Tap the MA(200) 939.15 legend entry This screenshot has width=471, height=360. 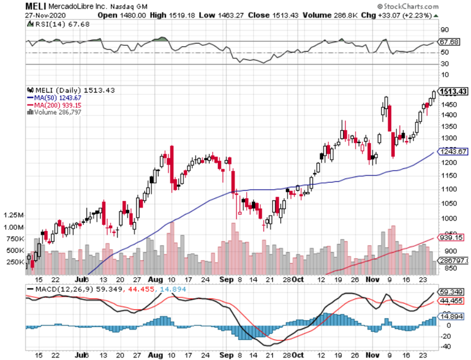[54, 104]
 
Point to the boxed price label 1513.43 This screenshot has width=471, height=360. [453, 91]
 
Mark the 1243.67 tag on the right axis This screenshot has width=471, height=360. [452, 152]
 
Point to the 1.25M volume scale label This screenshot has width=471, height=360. [14, 215]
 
